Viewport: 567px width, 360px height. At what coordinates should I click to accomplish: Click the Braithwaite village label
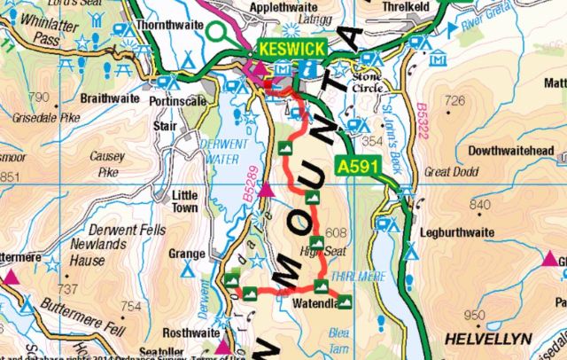pyautogui.click(x=110, y=98)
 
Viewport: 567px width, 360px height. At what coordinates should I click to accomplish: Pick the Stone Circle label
pyautogui.click(x=369, y=82)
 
